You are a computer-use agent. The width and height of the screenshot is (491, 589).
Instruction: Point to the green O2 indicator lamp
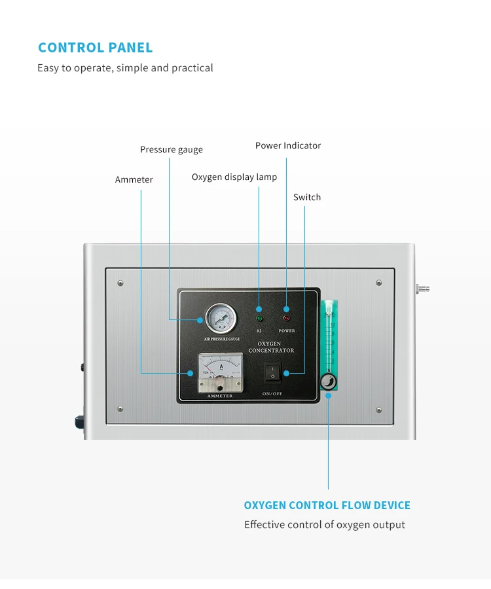[259, 319]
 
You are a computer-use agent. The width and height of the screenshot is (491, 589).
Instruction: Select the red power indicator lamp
[286, 319]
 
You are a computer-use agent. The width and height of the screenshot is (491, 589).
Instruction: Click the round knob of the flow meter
[328, 382]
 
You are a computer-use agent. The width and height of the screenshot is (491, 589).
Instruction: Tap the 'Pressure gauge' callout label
[172, 150]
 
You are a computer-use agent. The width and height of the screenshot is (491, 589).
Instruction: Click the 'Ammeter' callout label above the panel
[134, 180]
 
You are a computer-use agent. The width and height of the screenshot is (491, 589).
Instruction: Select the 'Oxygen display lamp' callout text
[234, 177]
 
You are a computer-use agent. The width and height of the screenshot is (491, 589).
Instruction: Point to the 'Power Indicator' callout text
[288, 146]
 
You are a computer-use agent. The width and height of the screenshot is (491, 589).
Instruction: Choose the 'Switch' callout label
[307, 198]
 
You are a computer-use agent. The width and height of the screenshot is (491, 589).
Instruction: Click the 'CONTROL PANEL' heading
[96, 48]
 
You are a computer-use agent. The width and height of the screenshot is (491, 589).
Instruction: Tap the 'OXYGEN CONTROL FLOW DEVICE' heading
[327, 505]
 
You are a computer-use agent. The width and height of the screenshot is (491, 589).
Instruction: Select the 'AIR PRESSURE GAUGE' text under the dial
[222, 339]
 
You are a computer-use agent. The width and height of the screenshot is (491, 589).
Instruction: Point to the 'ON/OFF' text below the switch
[272, 394]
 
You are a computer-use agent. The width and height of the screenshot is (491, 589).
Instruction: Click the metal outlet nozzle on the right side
[422, 288]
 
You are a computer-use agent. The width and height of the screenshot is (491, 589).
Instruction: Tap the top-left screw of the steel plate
[120, 283]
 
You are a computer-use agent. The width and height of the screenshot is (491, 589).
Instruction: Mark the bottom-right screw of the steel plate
[379, 410]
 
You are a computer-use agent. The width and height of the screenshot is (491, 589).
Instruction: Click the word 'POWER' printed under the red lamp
[287, 331]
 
